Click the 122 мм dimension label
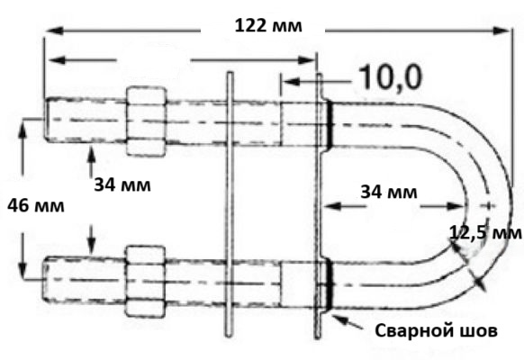click(268, 26)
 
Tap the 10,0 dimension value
click(391, 77)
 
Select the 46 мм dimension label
click(36, 206)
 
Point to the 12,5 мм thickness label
click(485, 233)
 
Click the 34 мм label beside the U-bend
click(389, 193)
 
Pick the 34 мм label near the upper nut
click(122, 184)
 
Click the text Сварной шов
click(436, 330)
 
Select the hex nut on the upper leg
click(146, 121)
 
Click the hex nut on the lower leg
click(145, 282)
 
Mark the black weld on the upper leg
click(330, 124)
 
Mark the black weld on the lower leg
click(330, 283)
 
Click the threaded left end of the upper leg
click(86, 120)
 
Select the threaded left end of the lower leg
click(84, 280)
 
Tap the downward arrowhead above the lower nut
click(91, 249)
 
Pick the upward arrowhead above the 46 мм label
click(23, 129)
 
